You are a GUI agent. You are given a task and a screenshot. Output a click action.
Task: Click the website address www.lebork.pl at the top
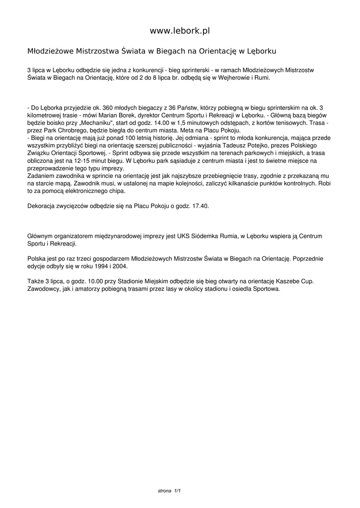click(180, 31)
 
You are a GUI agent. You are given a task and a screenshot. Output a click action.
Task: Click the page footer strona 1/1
click(169, 491)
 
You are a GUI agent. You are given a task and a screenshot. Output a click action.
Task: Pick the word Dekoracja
click(43, 206)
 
